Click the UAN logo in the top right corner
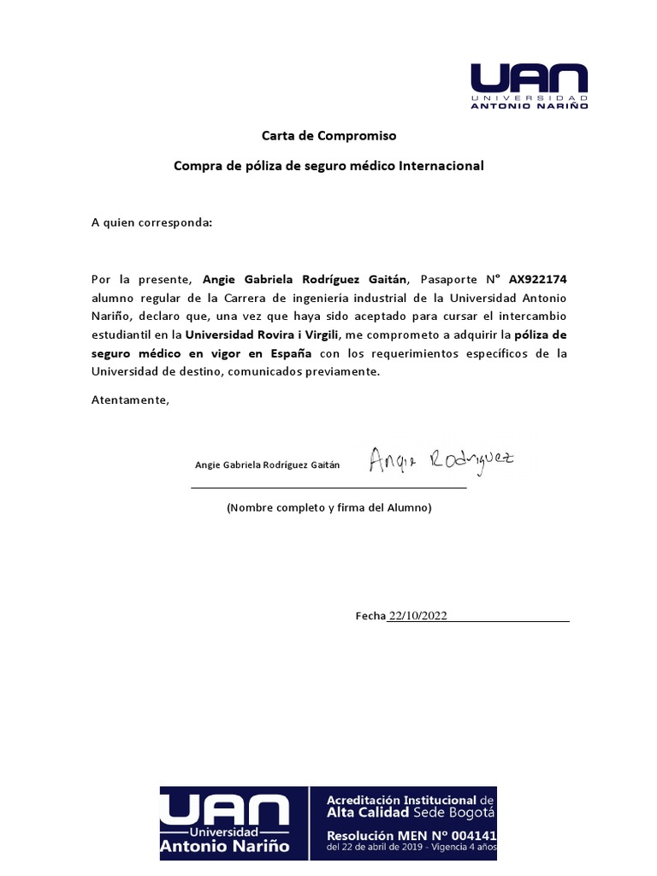pos(529,86)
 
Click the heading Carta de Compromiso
pos(328,135)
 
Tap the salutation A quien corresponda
pos(151,222)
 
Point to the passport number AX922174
pos(537,279)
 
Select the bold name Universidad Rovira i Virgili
pos(263,334)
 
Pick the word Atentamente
pos(131,400)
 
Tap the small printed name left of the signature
pos(267,465)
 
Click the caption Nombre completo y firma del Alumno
pos(328,507)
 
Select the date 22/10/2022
pos(418,616)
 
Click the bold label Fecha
pos(370,616)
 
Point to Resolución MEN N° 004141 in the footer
pos(411,834)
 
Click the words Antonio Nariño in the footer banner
pos(224,847)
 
